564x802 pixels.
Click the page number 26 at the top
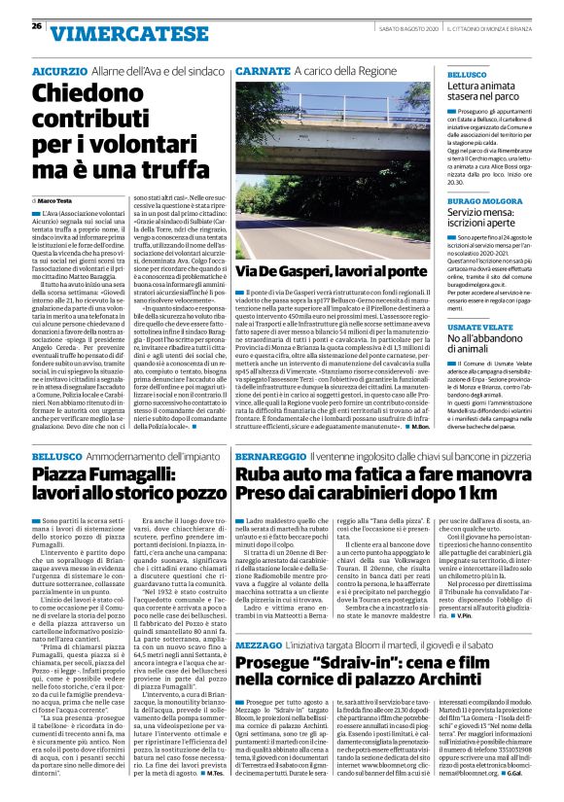click(36, 25)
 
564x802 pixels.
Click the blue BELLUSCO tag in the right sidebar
click(465, 74)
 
